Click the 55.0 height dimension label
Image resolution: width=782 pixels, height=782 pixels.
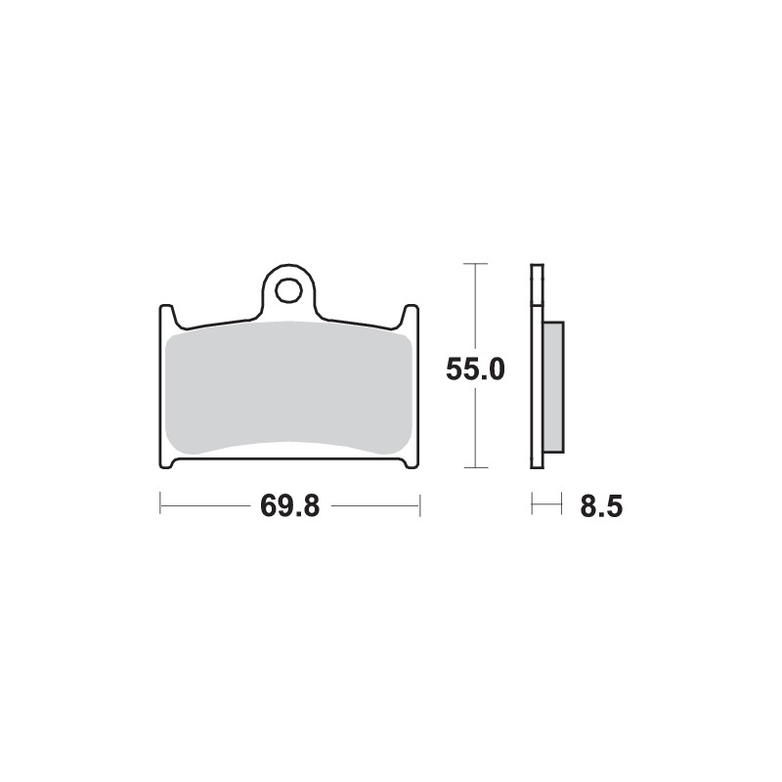[x=475, y=369]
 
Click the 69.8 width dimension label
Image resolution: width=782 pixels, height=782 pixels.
[x=290, y=506]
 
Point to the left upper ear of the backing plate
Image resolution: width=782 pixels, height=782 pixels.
[x=167, y=316]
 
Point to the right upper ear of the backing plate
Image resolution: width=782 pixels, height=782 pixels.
[x=412, y=316]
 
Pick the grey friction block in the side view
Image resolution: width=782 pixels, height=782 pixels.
[x=553, y=386]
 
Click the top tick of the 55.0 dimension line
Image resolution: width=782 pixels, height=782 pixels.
[x=475, y=264]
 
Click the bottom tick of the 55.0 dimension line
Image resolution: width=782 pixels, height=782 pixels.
[x=475, y=468]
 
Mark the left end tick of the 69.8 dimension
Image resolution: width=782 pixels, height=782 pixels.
[x=160, y=505]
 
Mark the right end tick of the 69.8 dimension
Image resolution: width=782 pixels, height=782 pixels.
[x=419, y=505]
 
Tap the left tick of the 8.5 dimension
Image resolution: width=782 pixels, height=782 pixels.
[x=533, y=505]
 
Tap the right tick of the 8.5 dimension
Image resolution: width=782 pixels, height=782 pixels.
[x=562, y=505]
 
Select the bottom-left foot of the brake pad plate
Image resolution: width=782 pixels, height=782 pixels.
[x=168, y=462]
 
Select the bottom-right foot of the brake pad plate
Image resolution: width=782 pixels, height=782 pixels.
[x=411, y=462]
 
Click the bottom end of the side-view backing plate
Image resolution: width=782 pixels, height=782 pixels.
[x=536, y=464]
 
